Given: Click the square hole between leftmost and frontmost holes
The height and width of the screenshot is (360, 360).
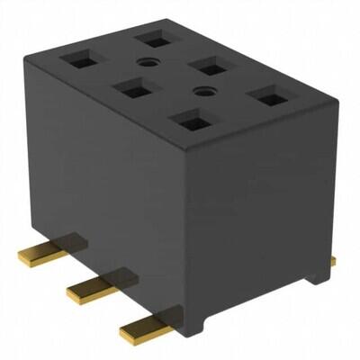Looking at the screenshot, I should click(x=133, y=90).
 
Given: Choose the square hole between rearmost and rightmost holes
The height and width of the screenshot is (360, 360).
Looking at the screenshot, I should click(x=209, y=66).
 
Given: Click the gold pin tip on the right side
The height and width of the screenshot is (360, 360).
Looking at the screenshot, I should click(x=333, y=261).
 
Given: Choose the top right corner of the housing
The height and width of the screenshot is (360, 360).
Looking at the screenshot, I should click(x=312, y=98).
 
